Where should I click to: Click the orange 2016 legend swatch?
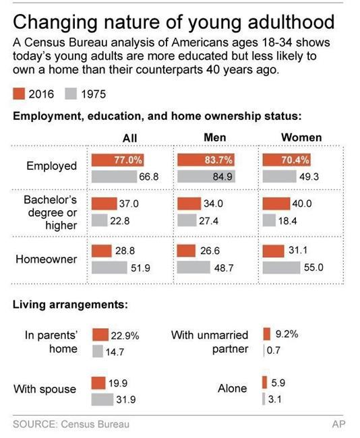click(20, 94)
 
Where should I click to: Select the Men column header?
click(214, 137)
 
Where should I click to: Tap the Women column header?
click(301, 137)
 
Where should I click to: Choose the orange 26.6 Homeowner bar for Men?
click(186, 251)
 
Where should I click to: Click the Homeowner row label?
click(52, 259)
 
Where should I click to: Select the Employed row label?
click(52, 166)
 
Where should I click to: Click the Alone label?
click(233, 389)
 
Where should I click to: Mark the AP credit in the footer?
click(341, 424)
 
